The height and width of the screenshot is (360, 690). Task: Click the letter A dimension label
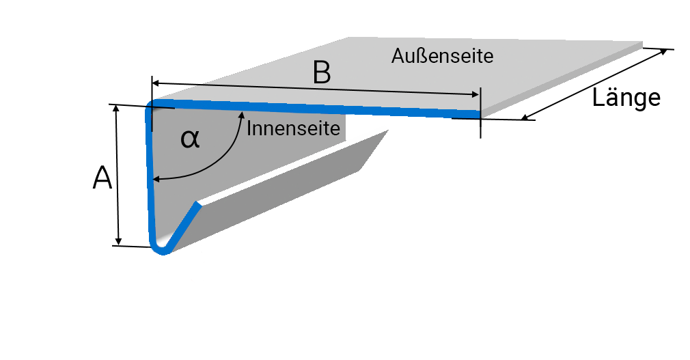[x=102, y=179]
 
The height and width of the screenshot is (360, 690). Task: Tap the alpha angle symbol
[x=190, y=139]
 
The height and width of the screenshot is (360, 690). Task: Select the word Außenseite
[x=442, y=56]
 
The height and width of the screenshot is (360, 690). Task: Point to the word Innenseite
[x=293, y=128]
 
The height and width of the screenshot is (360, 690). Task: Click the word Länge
[x=626, y=98]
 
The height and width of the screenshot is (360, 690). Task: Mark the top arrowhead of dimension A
[x=118, y=109]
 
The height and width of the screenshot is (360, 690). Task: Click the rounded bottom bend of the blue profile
[x=161, y=249]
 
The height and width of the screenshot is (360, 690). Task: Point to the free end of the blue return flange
[x=199, y=205]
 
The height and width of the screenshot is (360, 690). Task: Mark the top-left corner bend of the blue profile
[x=152, y=106]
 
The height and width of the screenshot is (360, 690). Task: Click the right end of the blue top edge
[x=478, y=113]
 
